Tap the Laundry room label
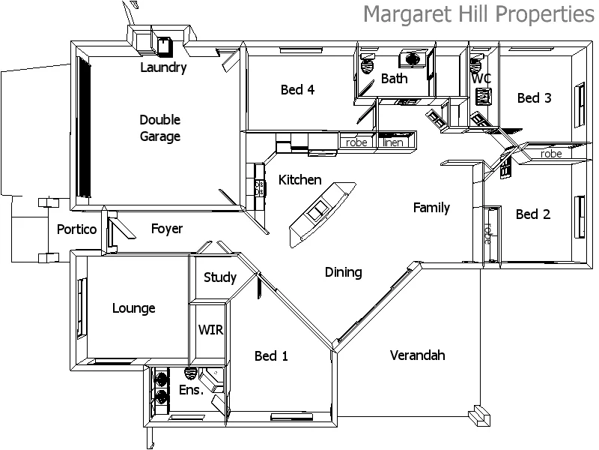[x=163, y=67]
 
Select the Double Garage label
[x=159, y=128]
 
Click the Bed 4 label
[x=297, y=90]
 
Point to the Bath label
[x=394, y=78]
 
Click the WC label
[x=481, y=78]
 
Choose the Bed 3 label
[x=534, y=97]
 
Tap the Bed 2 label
[x=533, y=214]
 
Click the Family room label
[x=431, y=208]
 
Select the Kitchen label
[x=299, y=180]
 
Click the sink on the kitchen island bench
[x=320, y=211]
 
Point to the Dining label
[x=344, y=272]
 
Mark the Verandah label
[x=417, y=355]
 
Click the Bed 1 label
[x=271, y=355]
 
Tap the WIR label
[x=210, y=330]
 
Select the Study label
[x=219, y=277]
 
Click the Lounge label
[x=133, y=308]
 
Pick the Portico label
[x=77, y=229]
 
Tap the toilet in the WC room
[x=483, y=96]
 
